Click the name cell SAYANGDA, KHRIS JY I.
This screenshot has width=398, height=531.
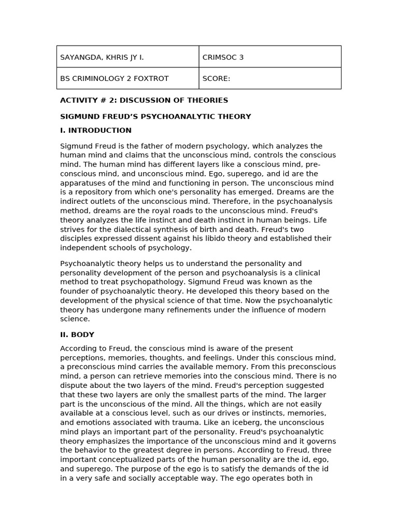tap(102, 58)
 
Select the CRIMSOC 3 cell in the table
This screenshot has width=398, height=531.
tap(223, 58)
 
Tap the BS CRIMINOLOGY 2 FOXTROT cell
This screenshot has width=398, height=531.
tap(114, 79)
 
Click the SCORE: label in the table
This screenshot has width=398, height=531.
tap(216, 79)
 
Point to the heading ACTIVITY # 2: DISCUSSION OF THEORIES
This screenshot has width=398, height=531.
tap(144, 101)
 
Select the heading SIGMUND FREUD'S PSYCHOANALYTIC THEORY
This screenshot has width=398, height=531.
tap(155, 117)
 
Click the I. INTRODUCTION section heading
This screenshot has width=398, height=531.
tap(96, 131)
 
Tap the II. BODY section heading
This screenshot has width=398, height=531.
tap(77, 335)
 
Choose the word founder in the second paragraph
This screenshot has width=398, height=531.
tap(75, 291)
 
